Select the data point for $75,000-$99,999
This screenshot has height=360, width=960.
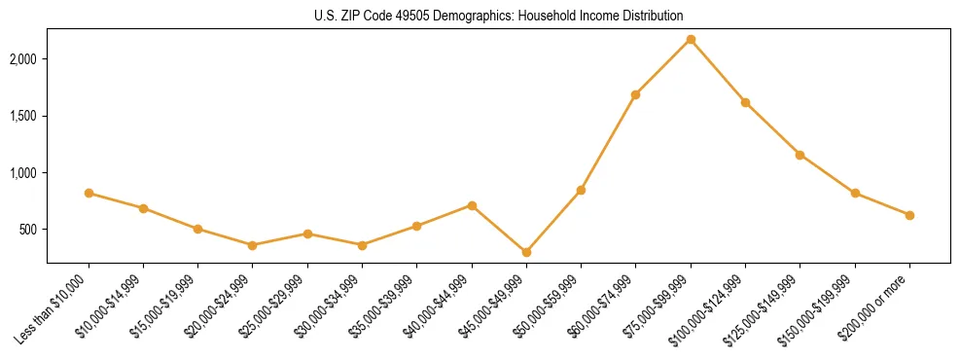(691, 39)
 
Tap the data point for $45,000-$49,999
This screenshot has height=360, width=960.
(526, 252)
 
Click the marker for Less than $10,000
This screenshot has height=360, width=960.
(89, 193)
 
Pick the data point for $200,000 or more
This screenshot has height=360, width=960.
(909, 215)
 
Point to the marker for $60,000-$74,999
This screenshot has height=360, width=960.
(635, 94)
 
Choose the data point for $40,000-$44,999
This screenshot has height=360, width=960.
(472, 205)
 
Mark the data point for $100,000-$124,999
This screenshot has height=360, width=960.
(745, 102)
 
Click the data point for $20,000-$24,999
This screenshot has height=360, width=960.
(253, 245)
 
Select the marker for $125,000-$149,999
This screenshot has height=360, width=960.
(800, 155)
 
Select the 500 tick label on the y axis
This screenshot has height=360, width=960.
(26, 230)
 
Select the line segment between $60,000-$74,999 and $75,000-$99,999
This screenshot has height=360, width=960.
(663, 66)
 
